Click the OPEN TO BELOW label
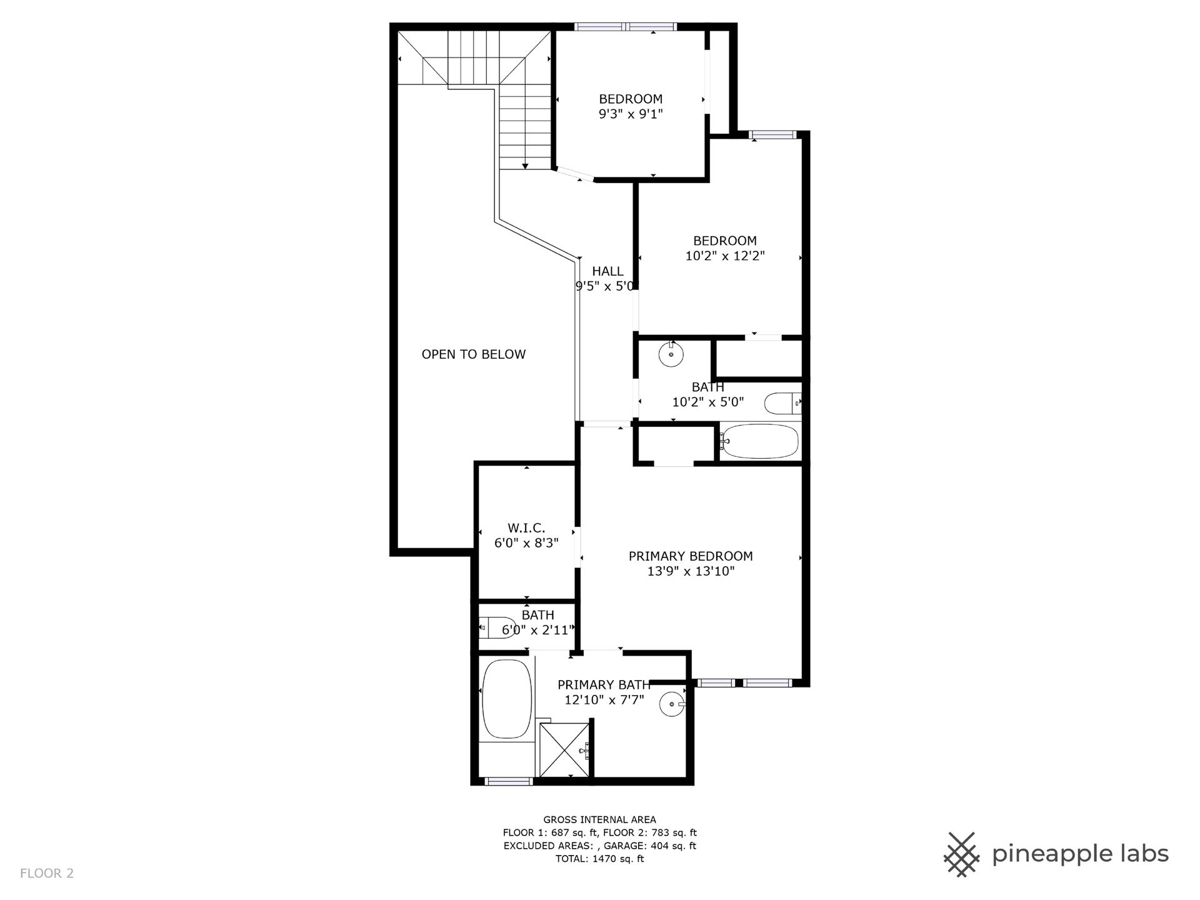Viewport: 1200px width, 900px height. click(x=474, y=354)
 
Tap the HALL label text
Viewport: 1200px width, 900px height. click(x=607, y=271)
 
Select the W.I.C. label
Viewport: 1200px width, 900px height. click(x=526, y=528)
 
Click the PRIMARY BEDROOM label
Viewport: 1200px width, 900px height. click(x=691, y=556)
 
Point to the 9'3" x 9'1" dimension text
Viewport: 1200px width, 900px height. click(x=631, y=114)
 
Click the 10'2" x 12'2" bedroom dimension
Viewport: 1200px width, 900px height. click(x=725, y=256)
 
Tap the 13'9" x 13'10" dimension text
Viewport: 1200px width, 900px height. click(x=691, y=571)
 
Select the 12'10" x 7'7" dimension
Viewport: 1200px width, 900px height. click(x=604, y=700)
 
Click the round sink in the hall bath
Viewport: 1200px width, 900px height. click(x=671, y=354)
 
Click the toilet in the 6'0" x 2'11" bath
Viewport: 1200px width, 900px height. click(x=497, y=627)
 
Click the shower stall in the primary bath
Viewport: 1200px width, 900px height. click(x=564, y=749)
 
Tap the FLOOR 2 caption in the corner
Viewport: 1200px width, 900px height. click(x=47, y=873)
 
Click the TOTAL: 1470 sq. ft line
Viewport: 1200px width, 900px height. click(x=600, y=859)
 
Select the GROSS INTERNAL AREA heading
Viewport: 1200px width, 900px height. click(x=600, y=819)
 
